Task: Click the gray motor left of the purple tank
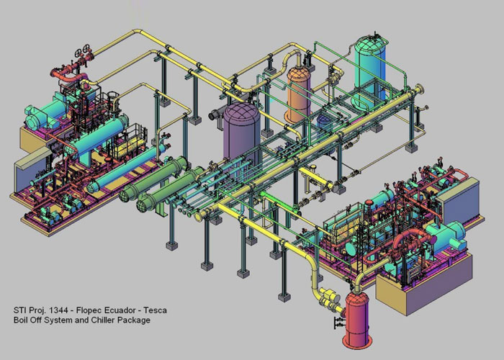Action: point(215,115)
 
